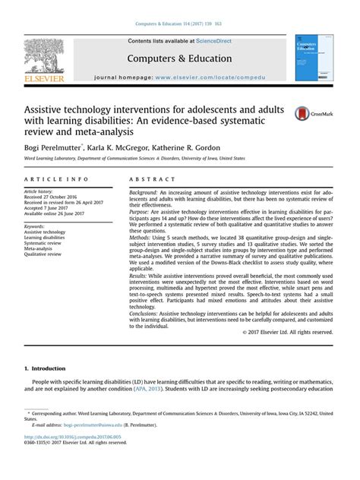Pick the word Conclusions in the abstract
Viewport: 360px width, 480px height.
pyautogui.click(x=145, y=312)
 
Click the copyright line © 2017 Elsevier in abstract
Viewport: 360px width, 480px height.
pyautogui.click(x=295, y=332)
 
